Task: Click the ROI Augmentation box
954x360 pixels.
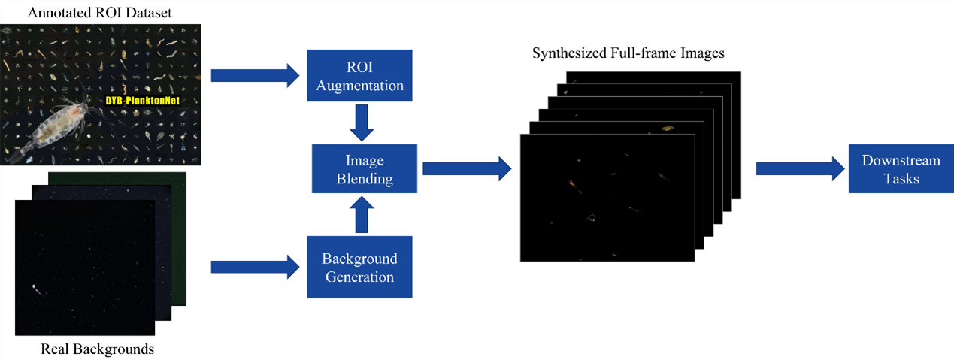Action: (360, 76)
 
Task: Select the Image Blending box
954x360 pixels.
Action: (364, 170)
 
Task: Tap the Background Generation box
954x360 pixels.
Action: (359, 267)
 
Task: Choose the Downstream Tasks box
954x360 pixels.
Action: (901, 170)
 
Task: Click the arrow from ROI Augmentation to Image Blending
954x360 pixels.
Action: (364, 123)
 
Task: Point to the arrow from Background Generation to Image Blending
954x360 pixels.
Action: (364, 216)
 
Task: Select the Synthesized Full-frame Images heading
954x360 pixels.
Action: (628, 54)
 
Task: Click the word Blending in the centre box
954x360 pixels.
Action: (364, 180)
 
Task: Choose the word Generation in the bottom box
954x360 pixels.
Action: (359, 277)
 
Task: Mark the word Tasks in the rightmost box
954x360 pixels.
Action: (901, 180)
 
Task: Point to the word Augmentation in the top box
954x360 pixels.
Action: (360, 86)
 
